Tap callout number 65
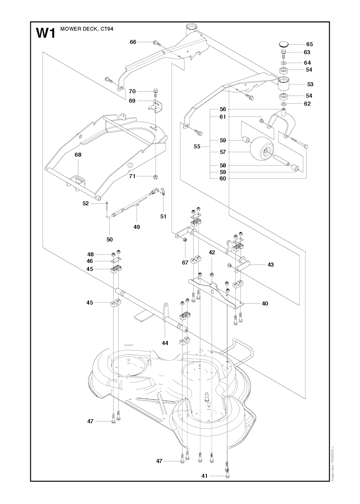[309, 44]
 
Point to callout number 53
[310, 84]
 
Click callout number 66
[133, 42]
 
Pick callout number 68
[78, 155]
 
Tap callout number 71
[132, 176]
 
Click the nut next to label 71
[156, 176]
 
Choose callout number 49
[137, 227]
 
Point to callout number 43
[270, 265]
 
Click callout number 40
[265, 303]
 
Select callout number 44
[165, 343]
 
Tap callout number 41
[204, 476]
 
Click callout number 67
[185, 262]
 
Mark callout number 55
[197, 146]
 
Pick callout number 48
[91, 254]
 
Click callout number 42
[212, 252]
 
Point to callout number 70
[132, 91]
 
